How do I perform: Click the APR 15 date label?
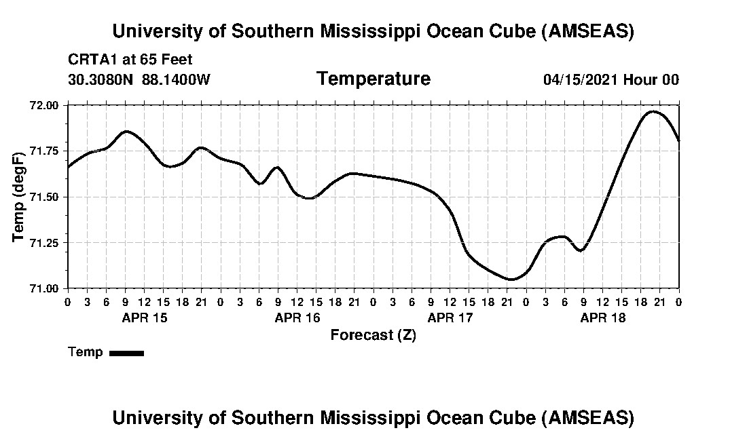pyautogui.click(x=144, y=318)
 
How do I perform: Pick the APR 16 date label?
pyautogui.click(x=297, y=318)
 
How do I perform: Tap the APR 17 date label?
pyautogui.click(x=450, y=318)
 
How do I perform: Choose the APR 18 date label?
pyautogui.click(x=603, y=318)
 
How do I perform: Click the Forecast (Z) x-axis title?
pyautogui.click(x=373, y=335)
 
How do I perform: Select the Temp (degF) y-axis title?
pyautogui.click(x=19, y=197)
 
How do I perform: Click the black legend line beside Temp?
pyautogui.click(x=126, y=353)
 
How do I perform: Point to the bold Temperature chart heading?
pyautogui.click(x=373, y=79)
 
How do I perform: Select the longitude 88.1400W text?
pyautogui.click(x=176, y=79)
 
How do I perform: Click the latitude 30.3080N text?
pyautogui.click(x=102, y=79)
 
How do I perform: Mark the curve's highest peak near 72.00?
pyautogui.click(x=653, y=111)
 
